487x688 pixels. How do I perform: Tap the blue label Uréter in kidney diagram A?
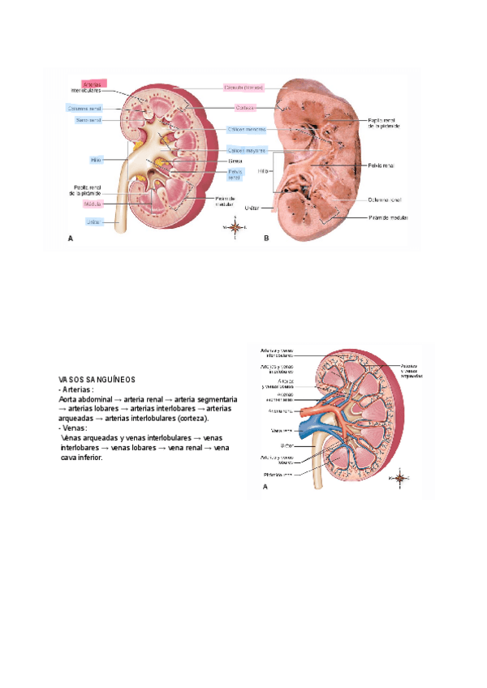(94, 221)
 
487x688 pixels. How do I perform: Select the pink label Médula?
(93, 204)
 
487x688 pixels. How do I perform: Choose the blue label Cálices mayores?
(246, 150)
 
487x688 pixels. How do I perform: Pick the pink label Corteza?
(246, 108)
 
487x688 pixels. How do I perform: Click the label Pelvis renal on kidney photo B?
(381, 166)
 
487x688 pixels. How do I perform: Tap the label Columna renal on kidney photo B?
(383, 198)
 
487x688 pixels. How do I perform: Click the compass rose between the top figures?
(235, 229)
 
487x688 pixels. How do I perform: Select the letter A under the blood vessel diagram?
(265, 488)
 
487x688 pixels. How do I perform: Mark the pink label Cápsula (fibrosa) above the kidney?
(243, 88)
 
